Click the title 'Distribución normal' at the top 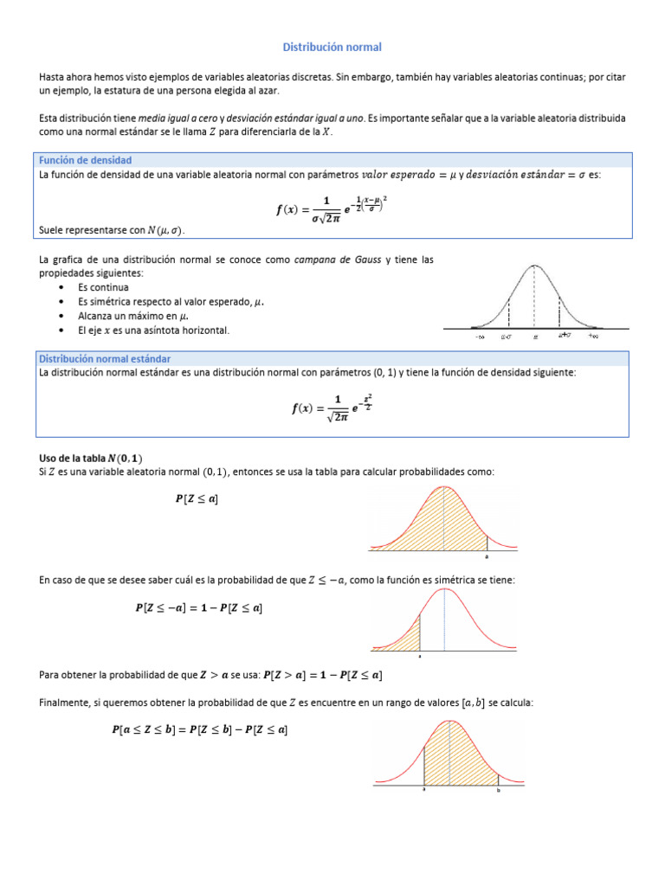[332, 47]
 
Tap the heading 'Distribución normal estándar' [105, 358]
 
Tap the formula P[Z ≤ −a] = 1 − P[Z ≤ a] [198, 608]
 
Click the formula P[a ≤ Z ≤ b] [200, 730]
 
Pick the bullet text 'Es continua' [103, 287]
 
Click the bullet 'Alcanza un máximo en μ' [131, 316]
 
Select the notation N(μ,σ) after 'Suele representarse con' [165, 230]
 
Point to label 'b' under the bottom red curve [499, 790]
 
